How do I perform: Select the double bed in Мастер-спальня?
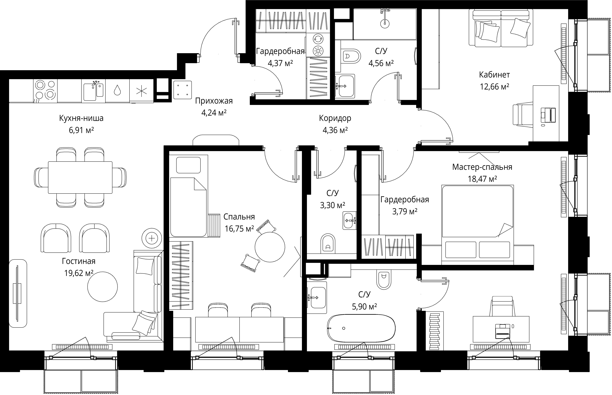(477, 224)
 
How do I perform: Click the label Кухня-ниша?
(81, 118)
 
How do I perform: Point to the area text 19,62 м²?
(79, 273)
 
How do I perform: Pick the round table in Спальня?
(270, 247)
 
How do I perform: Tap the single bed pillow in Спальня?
(188, 165)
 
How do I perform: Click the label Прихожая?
(214, 101)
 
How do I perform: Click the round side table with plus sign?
(152, 238)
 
